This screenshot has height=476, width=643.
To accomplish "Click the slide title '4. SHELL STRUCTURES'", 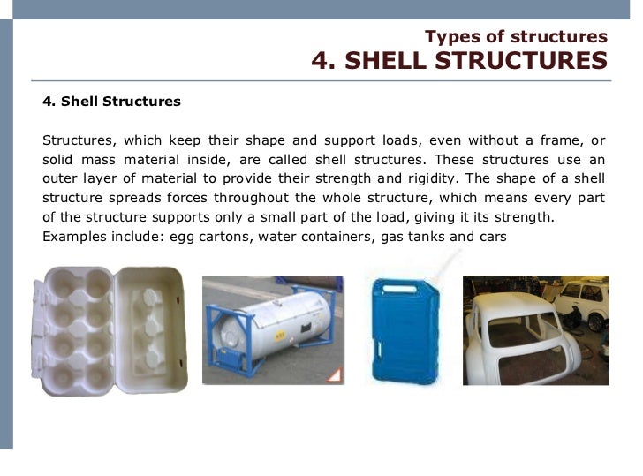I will point(459,61).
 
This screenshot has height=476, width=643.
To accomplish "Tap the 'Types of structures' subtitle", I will point(516,36).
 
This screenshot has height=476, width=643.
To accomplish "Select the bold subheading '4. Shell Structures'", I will point(111,101).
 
